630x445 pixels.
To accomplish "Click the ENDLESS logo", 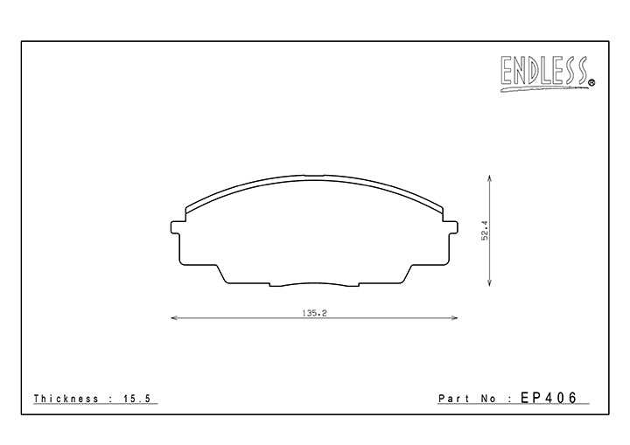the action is click(x=544, y=73).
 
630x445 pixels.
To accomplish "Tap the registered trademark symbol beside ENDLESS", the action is click(x=592, y=83).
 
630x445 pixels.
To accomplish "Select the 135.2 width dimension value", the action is click(x=315, y=313).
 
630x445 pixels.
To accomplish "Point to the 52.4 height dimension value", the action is click(x=486, y=231).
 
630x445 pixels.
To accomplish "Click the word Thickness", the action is click(x=66, y=399).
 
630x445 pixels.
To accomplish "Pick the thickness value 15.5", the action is click(x=136, y=399).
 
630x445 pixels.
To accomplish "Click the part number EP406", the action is click(x=549, y=398).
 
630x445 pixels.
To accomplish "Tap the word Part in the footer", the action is click(x=453, y=399).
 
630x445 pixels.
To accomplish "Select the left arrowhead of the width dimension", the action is click(x=174, y=318).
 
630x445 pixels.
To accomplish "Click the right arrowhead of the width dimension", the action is click(x=454, y=318).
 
